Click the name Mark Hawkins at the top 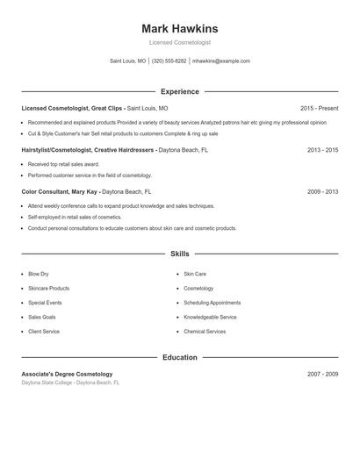coord(180,28)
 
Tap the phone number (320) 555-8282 coord(169,61)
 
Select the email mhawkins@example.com coord(221,61)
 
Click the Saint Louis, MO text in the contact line coord(128,61)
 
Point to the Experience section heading coord(180,91)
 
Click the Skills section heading coord(180,254)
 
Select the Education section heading coord(180,357)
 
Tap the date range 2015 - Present coord(319,108)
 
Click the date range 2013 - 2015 coord(322,150)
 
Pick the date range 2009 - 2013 coord(322,191)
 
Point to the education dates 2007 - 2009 coord(322,374)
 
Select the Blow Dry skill coord(39,274)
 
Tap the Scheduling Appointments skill coord(212,303)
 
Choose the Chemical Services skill coord(205,332)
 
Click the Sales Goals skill coord(41,317)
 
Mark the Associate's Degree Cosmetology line coord(67,374)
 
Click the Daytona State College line coord(70,383)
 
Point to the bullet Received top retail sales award coord(62,164)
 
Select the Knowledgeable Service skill coord(210,317)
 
